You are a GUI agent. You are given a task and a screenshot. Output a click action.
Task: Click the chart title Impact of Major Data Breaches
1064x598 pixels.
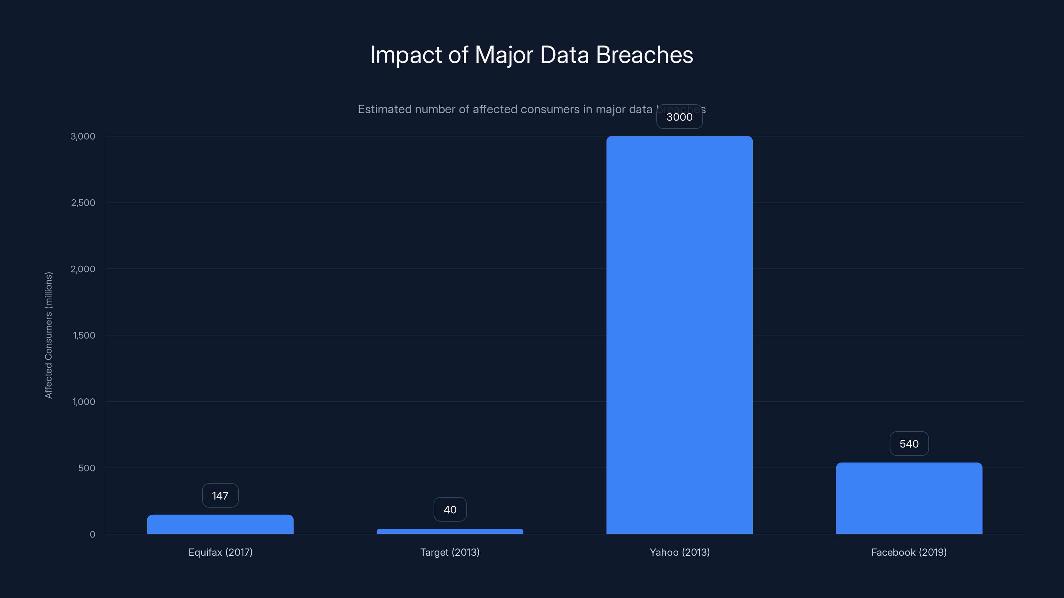click(532, 55)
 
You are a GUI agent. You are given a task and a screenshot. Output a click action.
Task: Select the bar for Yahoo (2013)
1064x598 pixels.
click(679, 334)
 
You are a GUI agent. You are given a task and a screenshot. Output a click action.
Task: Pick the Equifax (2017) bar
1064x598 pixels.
click(220, 524)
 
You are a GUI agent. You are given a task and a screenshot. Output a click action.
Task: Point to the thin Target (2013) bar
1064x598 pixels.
click(450, 532)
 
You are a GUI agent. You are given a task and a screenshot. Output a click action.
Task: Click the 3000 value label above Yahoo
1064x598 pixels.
click(679, 117)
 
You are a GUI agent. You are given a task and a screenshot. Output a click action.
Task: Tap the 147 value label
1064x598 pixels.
click(220, 496)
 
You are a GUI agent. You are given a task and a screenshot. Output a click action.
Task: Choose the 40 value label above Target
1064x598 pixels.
click(450, 510)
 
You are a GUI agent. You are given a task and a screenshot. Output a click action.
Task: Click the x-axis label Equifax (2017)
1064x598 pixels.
click(220, 552)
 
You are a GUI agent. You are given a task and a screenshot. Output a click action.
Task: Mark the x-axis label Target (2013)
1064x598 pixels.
click(450, 552)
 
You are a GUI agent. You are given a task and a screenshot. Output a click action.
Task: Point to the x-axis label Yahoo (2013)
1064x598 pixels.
click(679, 552)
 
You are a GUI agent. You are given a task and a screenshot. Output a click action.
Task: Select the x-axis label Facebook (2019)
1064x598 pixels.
click(909, 552)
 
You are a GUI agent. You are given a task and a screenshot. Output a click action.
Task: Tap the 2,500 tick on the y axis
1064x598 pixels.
click(83, 203)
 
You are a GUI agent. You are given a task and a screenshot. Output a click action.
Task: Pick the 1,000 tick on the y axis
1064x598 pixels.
click(84, 402)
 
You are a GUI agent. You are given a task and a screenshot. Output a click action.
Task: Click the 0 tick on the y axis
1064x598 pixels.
click(92, 535)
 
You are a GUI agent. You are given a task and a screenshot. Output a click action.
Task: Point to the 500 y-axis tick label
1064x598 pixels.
click(87, 468)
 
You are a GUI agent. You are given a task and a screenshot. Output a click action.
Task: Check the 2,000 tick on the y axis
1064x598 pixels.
click(83, 269)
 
